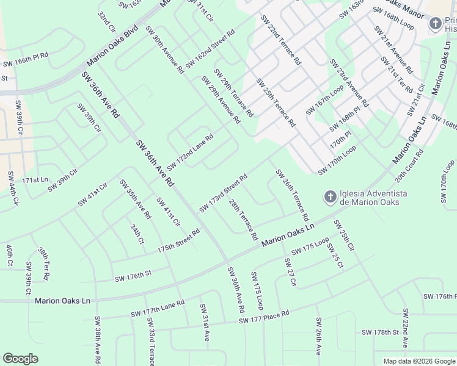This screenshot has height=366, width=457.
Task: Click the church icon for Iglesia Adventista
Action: [330, 196]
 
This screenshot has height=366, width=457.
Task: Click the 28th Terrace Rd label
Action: [244, 218]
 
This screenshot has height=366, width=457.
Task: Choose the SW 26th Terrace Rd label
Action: [293, 195]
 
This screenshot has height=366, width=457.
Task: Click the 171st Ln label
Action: [34, 181]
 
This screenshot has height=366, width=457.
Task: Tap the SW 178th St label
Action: [380, 332]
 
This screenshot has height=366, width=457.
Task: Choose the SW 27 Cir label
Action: [290, 272]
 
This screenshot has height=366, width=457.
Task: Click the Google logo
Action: [20, 359]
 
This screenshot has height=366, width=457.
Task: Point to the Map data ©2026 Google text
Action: [419, 361]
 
